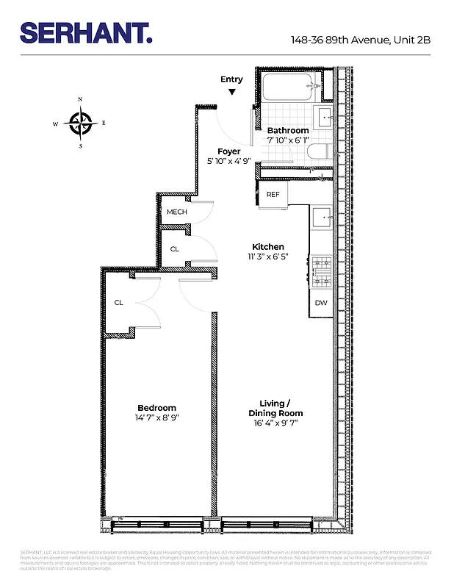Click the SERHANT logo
tap(87, 32)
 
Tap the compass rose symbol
tap(80, 123)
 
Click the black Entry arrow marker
tap(232, 92)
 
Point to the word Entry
tap(231, 79)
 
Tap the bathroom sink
tap(324, 115)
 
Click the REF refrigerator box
tap(273, 194)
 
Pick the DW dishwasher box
tap(321, 303)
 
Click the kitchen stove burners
tap(321, 270)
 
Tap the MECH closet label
tap(176, 212)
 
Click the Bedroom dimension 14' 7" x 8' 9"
tap(157, 418)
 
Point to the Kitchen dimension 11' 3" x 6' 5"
tap(268, 257)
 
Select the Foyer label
tap(228, 151)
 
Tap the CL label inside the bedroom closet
tap(118, 302)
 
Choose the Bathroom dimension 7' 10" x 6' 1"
tap(288, 140)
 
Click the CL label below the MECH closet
tap(174, 249)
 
